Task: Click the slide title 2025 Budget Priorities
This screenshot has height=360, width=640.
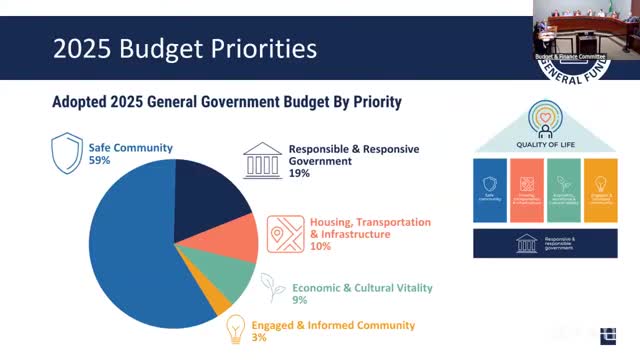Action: point(170,47)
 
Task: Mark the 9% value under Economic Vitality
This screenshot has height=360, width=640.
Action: point(298,300)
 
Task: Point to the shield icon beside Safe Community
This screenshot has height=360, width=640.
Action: point(67,154)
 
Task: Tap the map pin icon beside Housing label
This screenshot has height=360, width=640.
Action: point(286,233)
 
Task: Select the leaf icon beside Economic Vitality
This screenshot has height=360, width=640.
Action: point(270,287)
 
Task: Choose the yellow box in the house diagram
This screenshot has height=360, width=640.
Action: point(602,190)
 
